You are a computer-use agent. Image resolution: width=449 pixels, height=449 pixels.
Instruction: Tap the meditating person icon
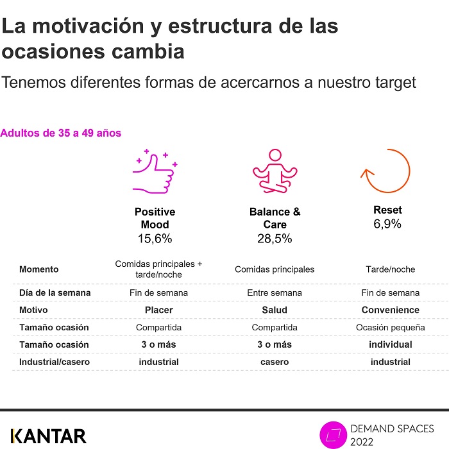click(x=275, y=171)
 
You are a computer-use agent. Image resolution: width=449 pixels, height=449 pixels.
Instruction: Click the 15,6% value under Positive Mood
click(x=155, y=239)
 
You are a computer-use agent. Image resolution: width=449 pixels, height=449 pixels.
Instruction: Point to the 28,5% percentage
click(x=275, y=239)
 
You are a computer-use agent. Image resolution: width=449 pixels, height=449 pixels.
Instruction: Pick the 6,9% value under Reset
click(x=387, y=224)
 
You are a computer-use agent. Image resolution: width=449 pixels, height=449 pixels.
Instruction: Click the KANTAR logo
click(x=48, y=436)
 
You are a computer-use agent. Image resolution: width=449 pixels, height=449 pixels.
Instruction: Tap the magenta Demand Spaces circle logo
click(x=334, y=435)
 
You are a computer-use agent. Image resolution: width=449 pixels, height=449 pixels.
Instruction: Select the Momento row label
click(x=39, y=269)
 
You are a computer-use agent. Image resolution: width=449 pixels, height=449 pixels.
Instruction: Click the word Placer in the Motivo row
click(x=158, y=310)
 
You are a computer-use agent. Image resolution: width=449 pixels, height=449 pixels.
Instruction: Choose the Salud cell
click(x=275, y=310)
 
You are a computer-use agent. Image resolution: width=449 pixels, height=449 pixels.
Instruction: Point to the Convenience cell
click(x=390, y=310)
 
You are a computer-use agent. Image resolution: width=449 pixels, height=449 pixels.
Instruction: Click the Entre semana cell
click(x=275, y=292)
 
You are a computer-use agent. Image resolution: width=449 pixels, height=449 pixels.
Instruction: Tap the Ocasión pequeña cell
click(x=390, y=327)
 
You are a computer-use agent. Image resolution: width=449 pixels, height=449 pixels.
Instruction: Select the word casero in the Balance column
click(x=275, y=362)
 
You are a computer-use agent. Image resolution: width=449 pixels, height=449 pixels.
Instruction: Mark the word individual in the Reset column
click(x=390, y=344)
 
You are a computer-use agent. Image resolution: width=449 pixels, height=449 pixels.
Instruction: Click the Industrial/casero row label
click(x=55, y=362)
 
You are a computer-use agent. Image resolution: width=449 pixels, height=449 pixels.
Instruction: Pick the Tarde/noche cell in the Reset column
click(x=390, y=269)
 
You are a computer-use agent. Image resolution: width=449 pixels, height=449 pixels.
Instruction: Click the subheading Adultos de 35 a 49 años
click(x=61, y=133)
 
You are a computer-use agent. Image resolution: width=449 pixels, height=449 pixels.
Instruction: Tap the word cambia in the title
click(x=148, y=51)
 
